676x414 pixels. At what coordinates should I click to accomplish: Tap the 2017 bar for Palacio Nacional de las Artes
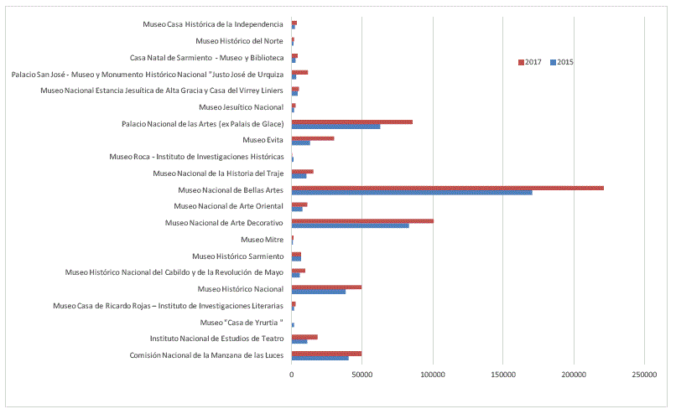pos(351,122)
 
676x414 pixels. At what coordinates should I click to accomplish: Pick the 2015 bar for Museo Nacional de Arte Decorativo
pos(350,225)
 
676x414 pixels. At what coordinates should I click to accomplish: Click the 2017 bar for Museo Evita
pos(312,138)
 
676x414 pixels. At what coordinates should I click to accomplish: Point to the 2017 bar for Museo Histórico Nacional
pos(326,287)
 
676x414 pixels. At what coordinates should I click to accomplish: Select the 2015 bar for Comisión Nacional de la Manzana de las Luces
pos(320,358)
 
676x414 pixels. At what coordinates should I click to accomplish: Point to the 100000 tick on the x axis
pos(433,374)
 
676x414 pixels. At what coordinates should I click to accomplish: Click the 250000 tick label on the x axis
pos(644,374)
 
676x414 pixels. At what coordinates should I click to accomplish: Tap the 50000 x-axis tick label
pos(361,374)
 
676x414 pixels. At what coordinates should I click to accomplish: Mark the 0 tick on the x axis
pos(292,374)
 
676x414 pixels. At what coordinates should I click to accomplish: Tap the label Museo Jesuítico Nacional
pos(241,106)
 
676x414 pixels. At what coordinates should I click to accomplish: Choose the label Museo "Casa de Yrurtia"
pos(242,322)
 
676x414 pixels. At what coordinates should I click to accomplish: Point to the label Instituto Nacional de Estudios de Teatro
pos(216,338)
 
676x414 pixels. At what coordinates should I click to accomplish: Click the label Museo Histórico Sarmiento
pos(237,256)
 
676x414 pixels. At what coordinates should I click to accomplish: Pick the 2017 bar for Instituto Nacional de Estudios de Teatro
pos(304,336)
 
